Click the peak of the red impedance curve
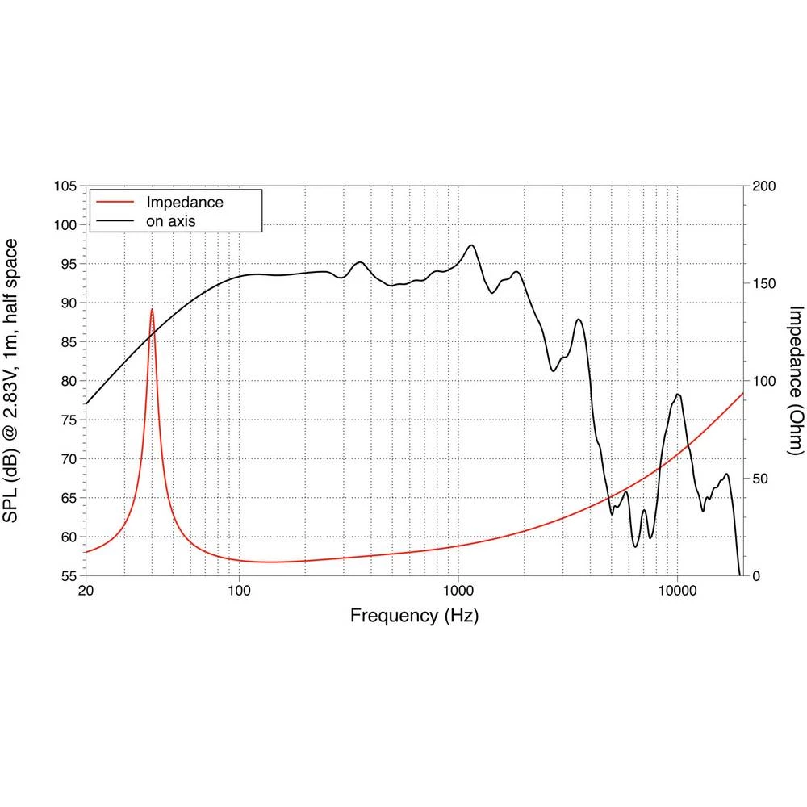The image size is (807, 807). pos(152,309)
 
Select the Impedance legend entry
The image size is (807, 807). pos(184,202)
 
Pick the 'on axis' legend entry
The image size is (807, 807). pos(170,220)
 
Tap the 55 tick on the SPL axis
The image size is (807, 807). pos(68,576)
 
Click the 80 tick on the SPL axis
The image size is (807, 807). pos(68,381)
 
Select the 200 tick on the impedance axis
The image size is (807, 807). pos(763,186)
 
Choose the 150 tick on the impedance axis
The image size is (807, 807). pos(763,284)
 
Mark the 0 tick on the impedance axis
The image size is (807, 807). pos(756,576)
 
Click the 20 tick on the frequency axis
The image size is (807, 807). pos(86,590)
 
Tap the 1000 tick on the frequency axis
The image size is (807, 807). pos(458,590)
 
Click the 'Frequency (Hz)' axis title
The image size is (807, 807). pos(414,617)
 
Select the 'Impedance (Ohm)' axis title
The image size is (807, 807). pos(795,381)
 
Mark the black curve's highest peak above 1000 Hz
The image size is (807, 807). pos(471,245)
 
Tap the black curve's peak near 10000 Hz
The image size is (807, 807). pos(678,394)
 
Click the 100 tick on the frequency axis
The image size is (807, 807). pos(239,590)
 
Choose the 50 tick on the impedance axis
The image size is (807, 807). pos(759,479)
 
